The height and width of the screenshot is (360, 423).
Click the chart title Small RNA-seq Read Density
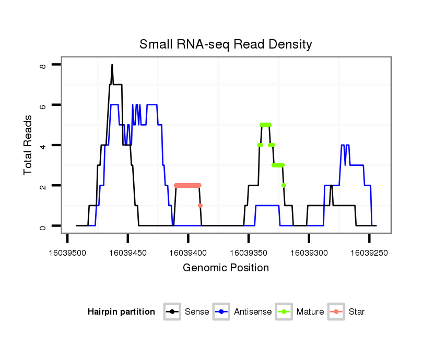click(x=226, y=44)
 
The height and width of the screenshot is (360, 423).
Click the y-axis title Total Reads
click(x=28, y=145)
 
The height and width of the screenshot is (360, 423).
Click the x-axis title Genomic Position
click(x=226, y=268)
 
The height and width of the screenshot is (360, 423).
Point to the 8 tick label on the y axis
click(x=43, y=66)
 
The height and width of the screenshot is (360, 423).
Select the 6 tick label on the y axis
click(x=43, y=105)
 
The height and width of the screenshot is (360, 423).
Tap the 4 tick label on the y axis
click(x=43, y=145)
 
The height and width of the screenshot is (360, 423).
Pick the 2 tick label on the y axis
click(x=43, y=186)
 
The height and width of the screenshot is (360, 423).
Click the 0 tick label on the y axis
click(x=43, y=226)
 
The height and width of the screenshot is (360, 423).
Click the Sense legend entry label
click(x=197, y=312)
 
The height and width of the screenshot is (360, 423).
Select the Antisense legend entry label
click(x=253, y=312)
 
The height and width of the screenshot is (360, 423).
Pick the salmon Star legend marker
click(x=337, y=312)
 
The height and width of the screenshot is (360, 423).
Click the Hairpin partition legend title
click(x=121, y=312)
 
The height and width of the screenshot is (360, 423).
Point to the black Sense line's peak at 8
click(x=112, y=65)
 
